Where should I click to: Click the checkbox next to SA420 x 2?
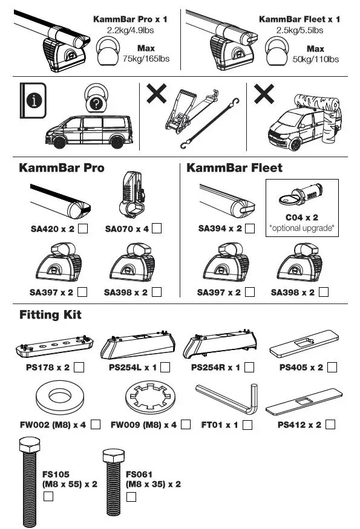[x=84, y=229]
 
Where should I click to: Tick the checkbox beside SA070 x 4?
[x=157, y=229]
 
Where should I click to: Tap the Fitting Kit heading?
[x=50, y=315]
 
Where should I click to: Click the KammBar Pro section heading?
[x=62, y=167]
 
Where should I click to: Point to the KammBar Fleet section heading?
[x=234, y=167]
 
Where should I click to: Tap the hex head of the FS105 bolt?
[x=30, y=448]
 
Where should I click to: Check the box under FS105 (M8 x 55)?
[x=48, y=497]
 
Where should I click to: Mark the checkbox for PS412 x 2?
[x=330, y=425]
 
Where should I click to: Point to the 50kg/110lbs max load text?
[x=315, y=59]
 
